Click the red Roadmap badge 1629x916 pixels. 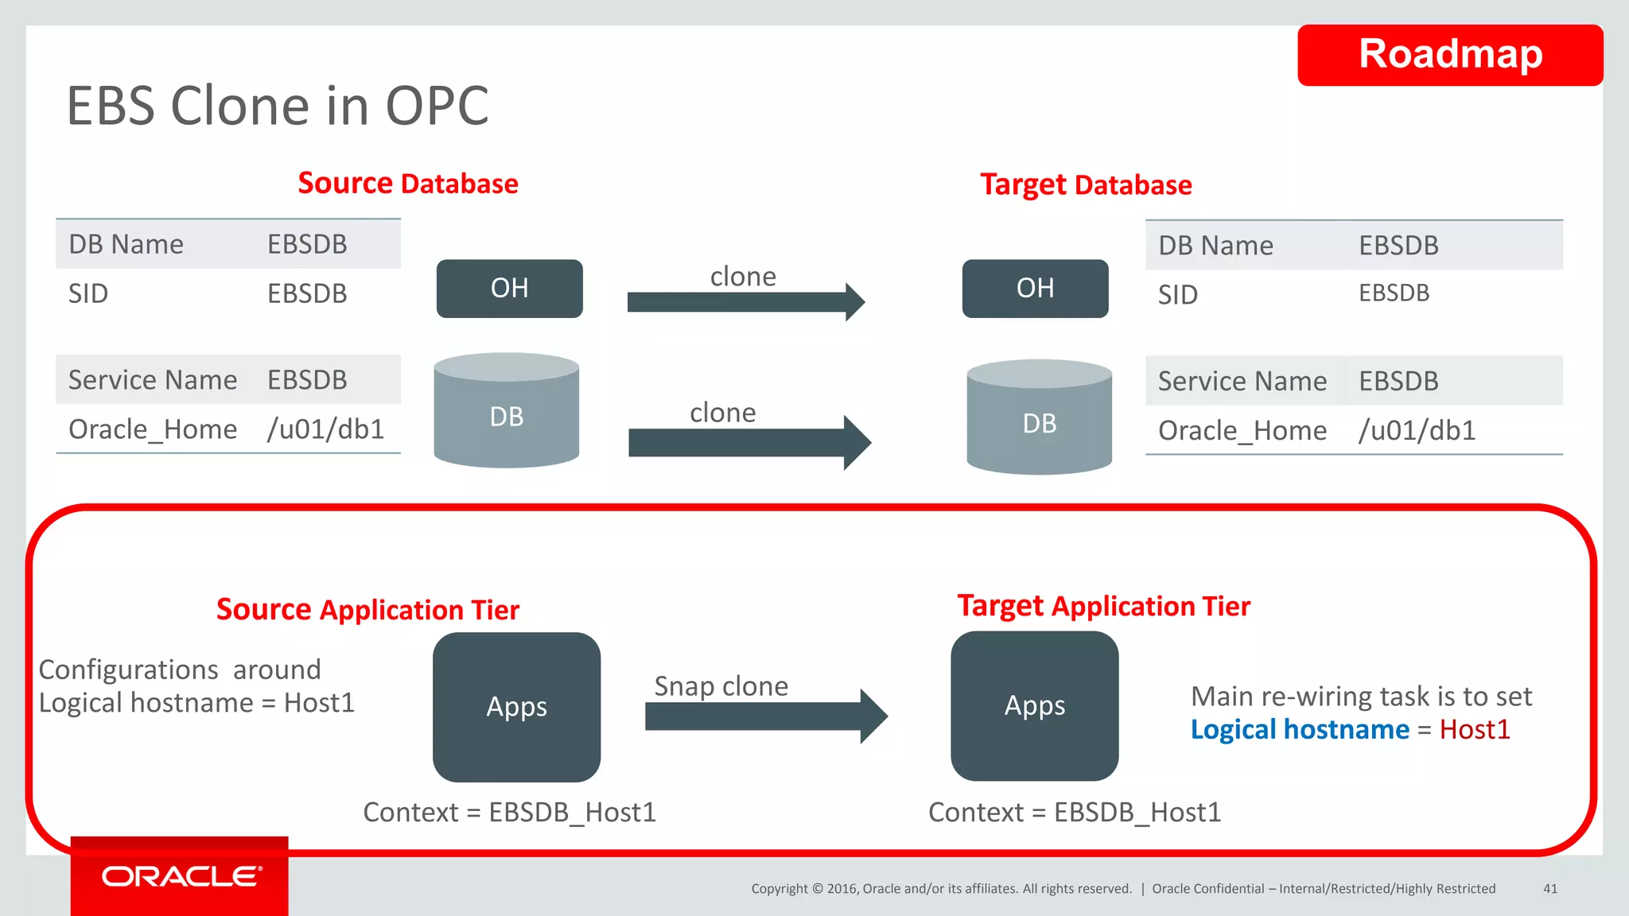1449,55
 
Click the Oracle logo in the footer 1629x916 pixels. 181,876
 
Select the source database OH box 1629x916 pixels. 509,288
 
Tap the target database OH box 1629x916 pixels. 1034,288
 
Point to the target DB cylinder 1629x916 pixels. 1039,419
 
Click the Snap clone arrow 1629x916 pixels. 764,716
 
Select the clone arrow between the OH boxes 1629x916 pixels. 744,302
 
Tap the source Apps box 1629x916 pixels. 516,707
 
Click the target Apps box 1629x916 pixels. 1034,706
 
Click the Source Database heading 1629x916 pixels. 407,184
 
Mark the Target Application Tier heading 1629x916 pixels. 1103,606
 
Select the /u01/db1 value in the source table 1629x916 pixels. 325,429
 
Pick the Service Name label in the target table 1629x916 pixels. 1242,382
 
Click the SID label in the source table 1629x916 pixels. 88,294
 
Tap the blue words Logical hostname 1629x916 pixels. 1299,730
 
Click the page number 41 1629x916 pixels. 1549,889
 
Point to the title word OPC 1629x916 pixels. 437,106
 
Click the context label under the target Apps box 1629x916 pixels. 1074,813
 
